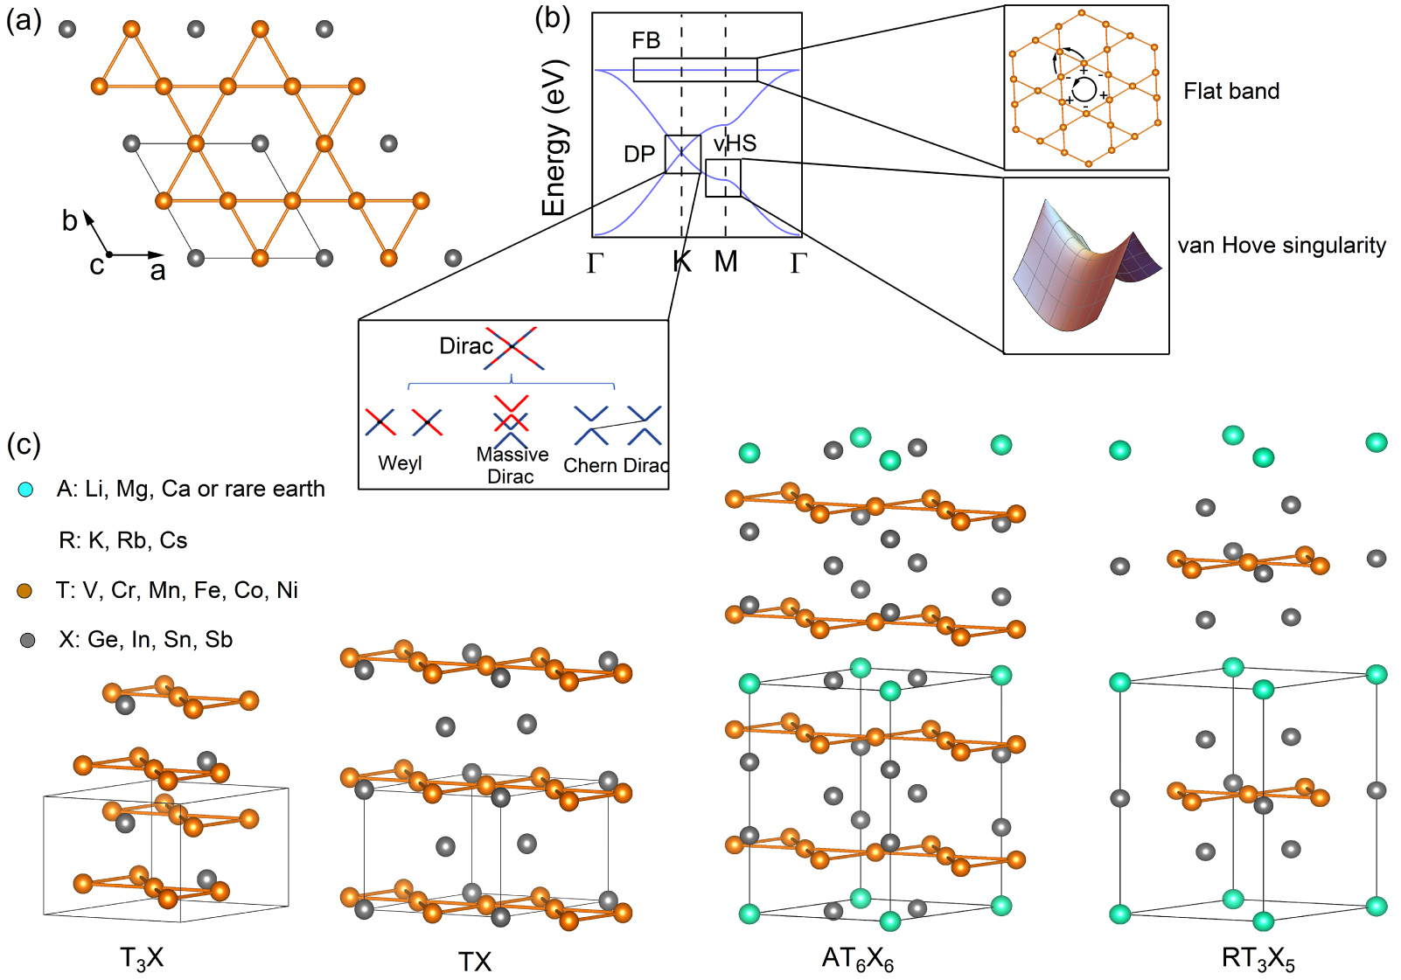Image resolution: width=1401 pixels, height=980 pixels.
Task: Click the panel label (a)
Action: click(x=24, y=20)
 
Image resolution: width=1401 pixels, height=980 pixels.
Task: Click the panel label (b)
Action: click(x=552, y=18)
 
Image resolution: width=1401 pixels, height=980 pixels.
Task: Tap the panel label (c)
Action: click(x=24, y=444)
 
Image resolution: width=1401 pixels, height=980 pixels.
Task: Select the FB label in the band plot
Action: click(x=645, y=40)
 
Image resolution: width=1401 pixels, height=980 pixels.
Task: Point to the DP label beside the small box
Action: click(x=638, y=155)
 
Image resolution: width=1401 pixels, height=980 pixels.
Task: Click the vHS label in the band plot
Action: click(x=735, y=143)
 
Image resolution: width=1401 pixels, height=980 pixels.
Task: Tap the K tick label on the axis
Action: click(x=682, y=261)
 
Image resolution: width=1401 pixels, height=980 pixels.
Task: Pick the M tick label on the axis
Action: click(x=726, y=261)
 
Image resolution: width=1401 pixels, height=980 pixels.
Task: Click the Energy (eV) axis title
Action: click(x=554, y=138)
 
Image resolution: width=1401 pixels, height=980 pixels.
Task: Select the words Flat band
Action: click(x=1230, y=91)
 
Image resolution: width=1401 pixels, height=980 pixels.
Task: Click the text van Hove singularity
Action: click(x=1281, y=246)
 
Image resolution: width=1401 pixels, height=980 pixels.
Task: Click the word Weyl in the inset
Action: click(x=400, y=463)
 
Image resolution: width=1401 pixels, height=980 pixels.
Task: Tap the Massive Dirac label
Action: click(x=512, y=465)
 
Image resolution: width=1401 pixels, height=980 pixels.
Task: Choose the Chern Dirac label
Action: click(x=616, y=465)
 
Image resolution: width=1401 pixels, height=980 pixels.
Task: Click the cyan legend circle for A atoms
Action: click(x=26, y=490)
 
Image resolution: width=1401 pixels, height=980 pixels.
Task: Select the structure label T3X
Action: click(x=142, y=958)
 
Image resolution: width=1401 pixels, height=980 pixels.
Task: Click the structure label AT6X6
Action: click(x=857, y=959)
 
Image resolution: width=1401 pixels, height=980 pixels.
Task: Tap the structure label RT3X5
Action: click(x=1258, y=959)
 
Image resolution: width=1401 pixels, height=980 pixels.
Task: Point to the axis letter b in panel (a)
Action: click(x=69, y=221)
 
